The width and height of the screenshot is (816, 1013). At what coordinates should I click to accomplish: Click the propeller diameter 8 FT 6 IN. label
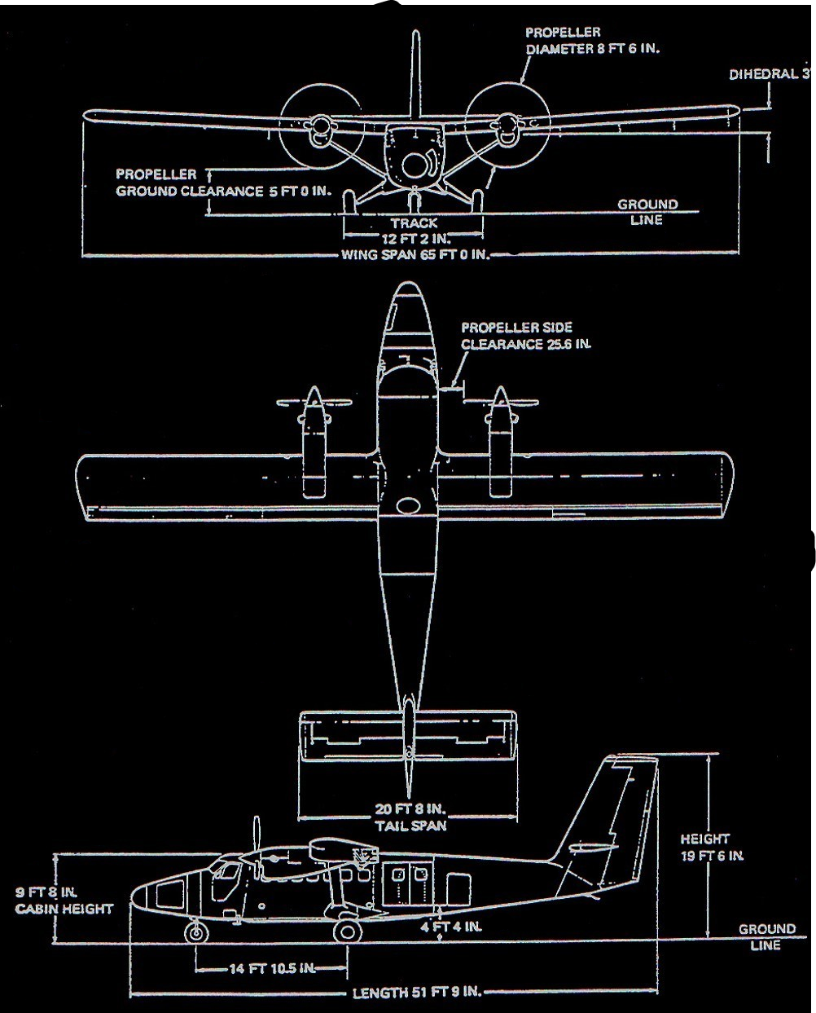591,41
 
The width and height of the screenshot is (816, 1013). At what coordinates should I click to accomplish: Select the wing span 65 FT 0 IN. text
415,255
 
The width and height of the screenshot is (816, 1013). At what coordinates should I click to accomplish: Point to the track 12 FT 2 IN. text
413,230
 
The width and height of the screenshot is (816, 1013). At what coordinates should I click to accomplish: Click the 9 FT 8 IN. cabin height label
64,900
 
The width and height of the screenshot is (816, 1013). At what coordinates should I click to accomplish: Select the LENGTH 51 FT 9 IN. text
416,993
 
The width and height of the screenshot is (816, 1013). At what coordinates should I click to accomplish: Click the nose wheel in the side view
195,932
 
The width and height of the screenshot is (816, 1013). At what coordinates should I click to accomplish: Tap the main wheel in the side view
348,931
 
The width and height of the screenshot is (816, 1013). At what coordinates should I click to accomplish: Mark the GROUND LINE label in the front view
647,212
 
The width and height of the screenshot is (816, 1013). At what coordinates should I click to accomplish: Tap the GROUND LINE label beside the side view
766,937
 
